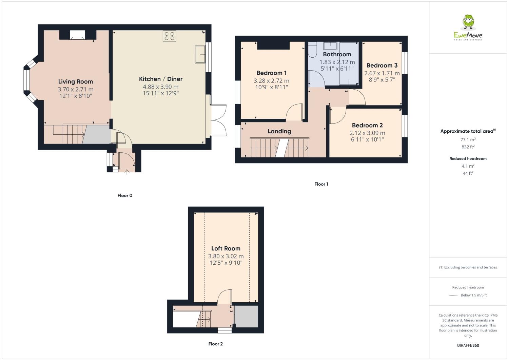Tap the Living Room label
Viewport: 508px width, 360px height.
pyautogui.click(x=75, y=81)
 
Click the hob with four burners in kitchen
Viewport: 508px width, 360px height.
pyautogui.click(x=170, y=36)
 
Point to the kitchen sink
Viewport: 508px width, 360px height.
pyautogui.click(x=200, y=54)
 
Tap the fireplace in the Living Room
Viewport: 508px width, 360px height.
pyautogui.click(x=78, y=35)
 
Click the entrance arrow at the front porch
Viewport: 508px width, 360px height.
pyautogui.click(x=127, y=172)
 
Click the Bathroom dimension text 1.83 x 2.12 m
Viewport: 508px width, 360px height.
pyautogui.click(x=337, y=62)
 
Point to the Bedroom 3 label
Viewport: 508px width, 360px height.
pyautogui.click(x=382, y=65)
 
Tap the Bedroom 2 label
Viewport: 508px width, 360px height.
pyautogui.click(x=367, y=126)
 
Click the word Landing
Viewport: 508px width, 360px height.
pyautogui.click(x=279, y=131)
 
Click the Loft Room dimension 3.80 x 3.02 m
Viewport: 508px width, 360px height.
pyautogui.click(x=226, y=256)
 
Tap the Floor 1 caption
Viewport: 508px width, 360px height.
pyautogui.click(x=321, y=184)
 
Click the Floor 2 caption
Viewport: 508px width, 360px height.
pyautogui.click(x=215, y=344)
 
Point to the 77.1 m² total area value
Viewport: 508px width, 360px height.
pyautogui.click(x=468, y=139)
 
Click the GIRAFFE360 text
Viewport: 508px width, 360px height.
pyautogui.click(x=468, y=345)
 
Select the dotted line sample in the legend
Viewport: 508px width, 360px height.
pyautogui.click(x=453, y=295)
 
